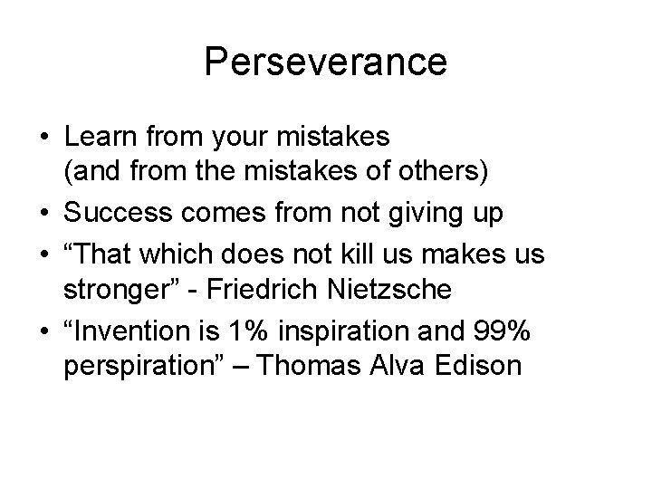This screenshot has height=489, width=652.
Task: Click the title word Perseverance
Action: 325,62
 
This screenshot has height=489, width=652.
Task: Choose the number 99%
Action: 511,331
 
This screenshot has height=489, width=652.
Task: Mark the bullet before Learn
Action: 43,138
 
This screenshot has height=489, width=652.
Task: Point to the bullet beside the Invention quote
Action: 43,332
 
